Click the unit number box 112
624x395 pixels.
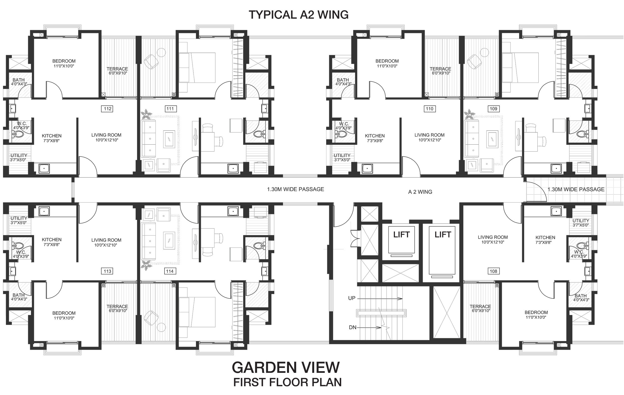pos(108,109)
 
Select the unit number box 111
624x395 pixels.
pos(170,109)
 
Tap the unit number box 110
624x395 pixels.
pos(430,109)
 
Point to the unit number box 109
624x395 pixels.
pos(493,109)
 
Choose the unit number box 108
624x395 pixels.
pos(493,271)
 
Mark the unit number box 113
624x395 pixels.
pos(108,271)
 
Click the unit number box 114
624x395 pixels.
pos(170,271)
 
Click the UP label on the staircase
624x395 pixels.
pos(352,298)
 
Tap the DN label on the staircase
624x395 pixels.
pos(352,327)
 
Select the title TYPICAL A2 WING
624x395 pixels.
pos(299,15)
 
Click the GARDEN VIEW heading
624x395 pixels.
pos(286,367)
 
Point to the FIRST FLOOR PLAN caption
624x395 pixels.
pos(287,382)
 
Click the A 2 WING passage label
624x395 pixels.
pos(420,192)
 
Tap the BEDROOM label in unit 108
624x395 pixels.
pos(536,313)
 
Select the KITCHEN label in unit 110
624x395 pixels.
pos(375,136)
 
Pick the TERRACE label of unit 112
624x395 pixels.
pos(117,69)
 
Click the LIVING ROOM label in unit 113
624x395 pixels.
pos(106,240)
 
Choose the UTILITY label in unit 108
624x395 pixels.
pos(581,221)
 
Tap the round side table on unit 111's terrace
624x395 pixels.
pos(161,52)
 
